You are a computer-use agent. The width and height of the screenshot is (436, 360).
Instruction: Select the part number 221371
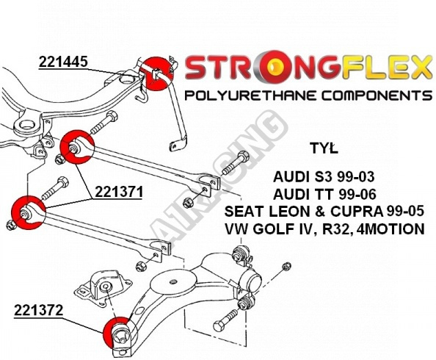[x=119, y=192]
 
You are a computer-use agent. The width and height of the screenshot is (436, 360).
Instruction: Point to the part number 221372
[x=39, y=310]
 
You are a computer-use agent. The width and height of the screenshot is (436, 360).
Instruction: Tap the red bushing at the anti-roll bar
[x=156, y=73]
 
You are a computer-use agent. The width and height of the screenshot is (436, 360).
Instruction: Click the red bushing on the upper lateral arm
[x=77, y=147]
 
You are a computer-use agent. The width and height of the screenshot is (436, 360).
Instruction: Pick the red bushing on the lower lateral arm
[x=29, y=213]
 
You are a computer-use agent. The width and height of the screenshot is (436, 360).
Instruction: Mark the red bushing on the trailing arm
[x=117, y=333]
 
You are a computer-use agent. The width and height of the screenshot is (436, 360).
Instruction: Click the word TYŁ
[x=324, y=148]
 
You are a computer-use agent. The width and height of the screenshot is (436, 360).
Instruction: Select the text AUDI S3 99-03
[x=324, y=177]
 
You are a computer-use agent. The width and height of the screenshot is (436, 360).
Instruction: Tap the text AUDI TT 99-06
[x=324, y=194]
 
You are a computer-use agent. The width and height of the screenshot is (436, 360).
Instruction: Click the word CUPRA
[x=357, y=212]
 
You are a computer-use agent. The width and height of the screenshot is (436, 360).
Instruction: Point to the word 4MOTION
[x=391, y=229]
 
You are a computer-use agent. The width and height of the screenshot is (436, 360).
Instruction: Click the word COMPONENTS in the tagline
[x=377, y=96]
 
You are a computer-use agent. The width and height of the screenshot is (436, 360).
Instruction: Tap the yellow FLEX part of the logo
[x=387, y=67]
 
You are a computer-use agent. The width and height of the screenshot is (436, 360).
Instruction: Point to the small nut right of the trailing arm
[x=286, y=266]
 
